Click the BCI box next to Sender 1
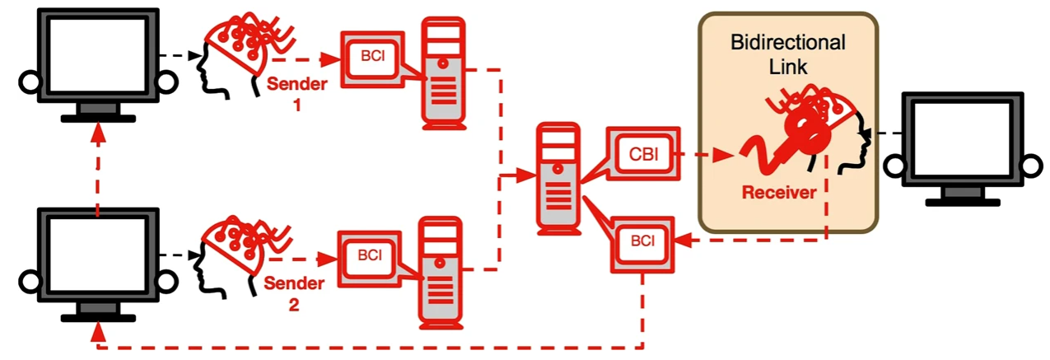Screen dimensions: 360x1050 [x=372, y=58]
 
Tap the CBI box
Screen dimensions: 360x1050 [x=643, y=152]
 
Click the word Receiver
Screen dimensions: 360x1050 [x=778, y=193]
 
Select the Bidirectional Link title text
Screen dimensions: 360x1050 [x=788, y=53]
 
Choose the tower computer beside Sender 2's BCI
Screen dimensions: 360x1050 [x=442, y=271]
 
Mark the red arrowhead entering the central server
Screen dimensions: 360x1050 [x=525, y=175]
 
